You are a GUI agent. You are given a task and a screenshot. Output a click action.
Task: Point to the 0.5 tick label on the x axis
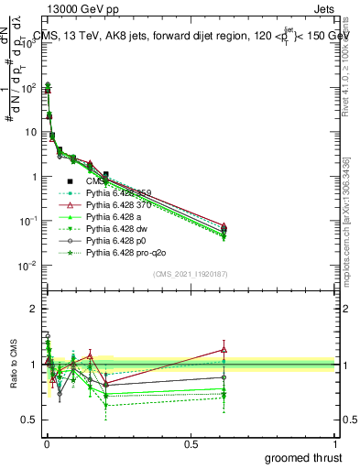pyautogui.click(x=191, y=442)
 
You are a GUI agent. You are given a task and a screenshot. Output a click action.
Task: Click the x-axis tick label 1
pyautogui.click(x=335, y=442)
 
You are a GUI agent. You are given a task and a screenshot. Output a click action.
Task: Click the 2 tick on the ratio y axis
pyautogui.click(x=35, y=309)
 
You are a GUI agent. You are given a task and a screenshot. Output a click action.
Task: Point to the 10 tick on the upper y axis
pyautogui.click(x=29, y=132)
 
